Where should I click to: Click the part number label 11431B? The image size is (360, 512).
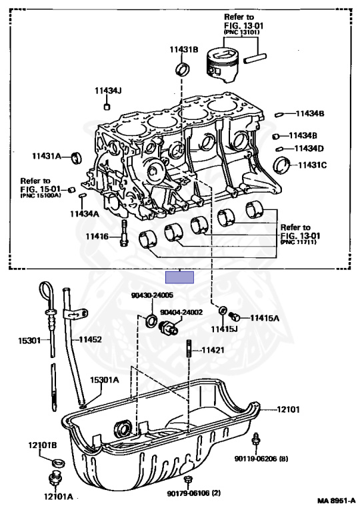click(x=183, y=49)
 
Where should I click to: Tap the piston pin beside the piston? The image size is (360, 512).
click(x=257, y=59)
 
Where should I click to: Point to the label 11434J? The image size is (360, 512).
click(x=108, y=91)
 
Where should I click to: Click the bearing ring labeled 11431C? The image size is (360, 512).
click(x=282, y=165)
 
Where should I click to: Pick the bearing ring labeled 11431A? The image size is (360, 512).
click(x=77, y=158)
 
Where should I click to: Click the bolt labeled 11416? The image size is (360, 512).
click(x=124, y=233)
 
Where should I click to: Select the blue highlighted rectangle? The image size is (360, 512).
click(x=180, y=277)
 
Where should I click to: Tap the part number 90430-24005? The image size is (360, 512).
click(x=152, y=295)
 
